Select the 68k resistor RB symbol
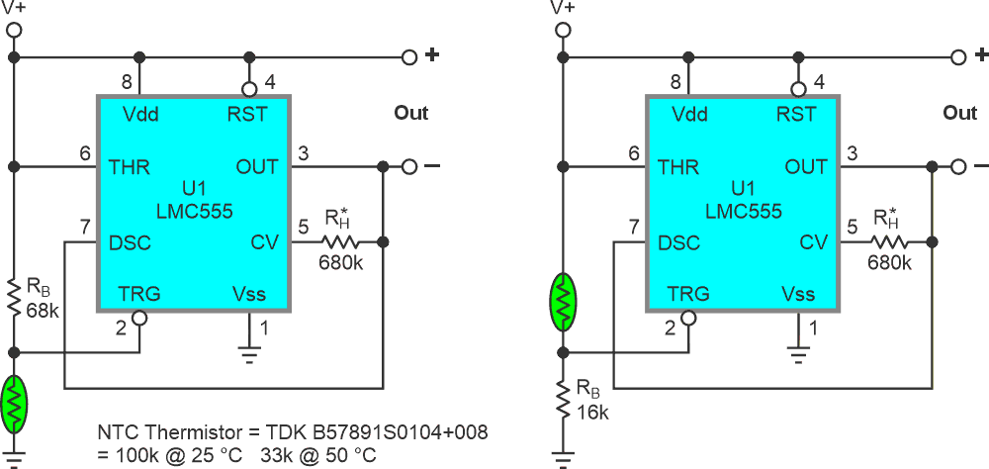pos(14,298)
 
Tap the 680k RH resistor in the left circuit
pos(340,241)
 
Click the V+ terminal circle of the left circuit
pos(14,30)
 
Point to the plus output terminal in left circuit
pos(408,57)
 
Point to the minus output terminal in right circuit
pos(958,167)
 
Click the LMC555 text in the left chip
pos(193,211)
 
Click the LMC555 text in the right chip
pos(743,211)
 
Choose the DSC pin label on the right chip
pos(680,242)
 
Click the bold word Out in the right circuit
pos(959,113)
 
